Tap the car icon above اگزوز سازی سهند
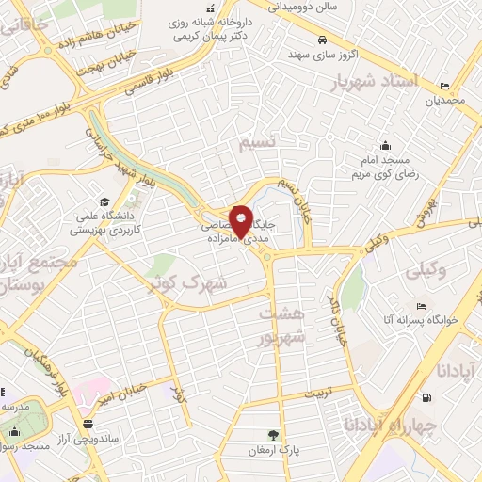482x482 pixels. (x=323, y=40)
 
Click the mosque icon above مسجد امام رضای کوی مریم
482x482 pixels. (x=386, y=145)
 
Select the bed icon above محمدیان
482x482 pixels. (x=445, y=85)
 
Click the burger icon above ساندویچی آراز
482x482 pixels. (x=88, y=423)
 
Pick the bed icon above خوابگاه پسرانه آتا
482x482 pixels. (x=421, y=306)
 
